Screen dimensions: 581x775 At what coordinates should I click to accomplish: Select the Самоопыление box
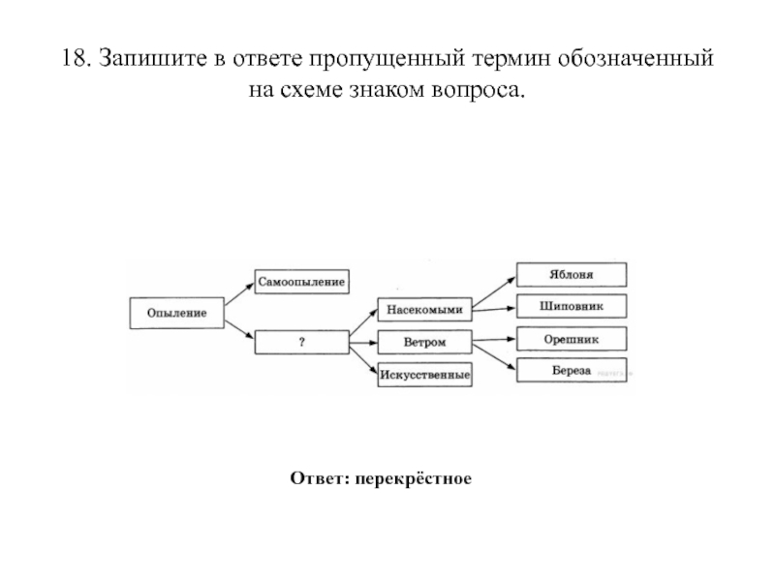tap(300, 281)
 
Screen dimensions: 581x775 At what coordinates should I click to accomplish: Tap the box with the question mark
tap(301, 343)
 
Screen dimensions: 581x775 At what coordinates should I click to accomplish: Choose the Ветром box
tap(424, 342)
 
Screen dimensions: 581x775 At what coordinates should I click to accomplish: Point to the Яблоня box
tap(572, 274)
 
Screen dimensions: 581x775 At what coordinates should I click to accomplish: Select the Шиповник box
tap(572, 306)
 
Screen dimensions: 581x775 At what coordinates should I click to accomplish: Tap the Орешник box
tap(572, 339)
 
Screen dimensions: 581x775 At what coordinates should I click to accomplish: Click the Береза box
tap(572, 371)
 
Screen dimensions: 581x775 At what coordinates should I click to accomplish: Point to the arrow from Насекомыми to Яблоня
tap(494, 291)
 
